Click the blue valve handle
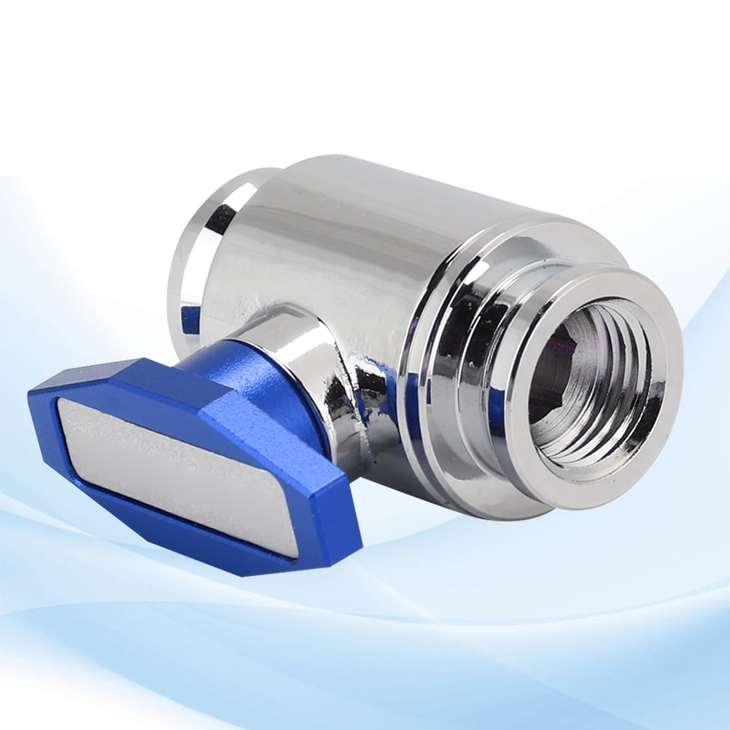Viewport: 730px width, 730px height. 182,459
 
